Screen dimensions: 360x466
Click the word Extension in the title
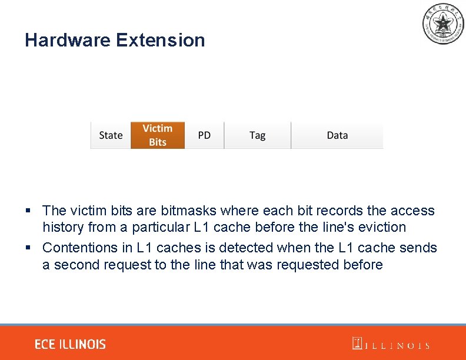161,40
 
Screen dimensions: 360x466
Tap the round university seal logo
442,24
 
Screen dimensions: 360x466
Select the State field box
111,135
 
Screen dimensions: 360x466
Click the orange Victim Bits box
158,135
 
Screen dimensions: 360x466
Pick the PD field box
204,135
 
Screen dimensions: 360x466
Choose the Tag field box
257,135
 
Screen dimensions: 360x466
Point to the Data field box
337,135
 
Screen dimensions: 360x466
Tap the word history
63,227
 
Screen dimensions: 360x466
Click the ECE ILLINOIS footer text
70,344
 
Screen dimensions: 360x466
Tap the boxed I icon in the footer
357,344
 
